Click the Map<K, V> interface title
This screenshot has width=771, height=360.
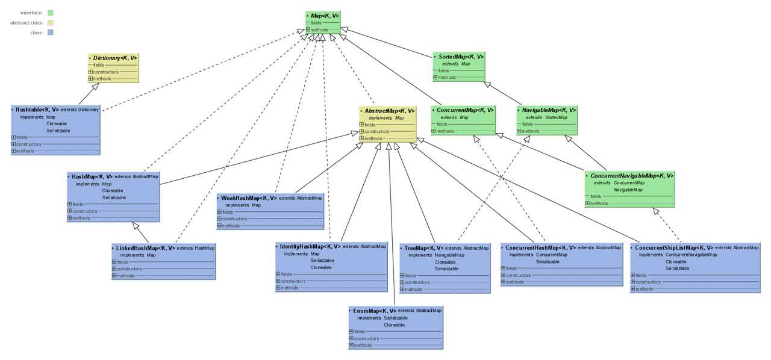(x=325, y=16)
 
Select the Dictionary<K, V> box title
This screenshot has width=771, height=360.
(x=115, y=58)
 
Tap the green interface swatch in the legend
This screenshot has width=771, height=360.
(x=50, y=13)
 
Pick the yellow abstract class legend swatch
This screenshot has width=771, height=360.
(x=50, y=23)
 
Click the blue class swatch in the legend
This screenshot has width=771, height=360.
(x=50, y=33)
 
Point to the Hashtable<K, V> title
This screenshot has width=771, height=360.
(x=37, y=110)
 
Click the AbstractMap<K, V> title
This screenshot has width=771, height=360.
(x=389, y=111)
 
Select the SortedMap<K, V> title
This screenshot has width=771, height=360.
(x=461, y=57)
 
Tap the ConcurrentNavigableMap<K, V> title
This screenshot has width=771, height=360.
(x=632, y=176)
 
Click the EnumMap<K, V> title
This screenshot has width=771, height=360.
(x=375, y=311)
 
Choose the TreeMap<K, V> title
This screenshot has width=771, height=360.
(x=423, y=248)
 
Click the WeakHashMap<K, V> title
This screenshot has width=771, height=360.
(x=249, y=198)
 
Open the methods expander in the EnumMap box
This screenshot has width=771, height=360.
(x=351, y=345)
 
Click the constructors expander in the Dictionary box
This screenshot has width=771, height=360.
(x=90, y=72)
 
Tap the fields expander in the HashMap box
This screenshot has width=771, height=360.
(x=69, y=204)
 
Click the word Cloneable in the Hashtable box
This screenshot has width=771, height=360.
(x=57, y=123)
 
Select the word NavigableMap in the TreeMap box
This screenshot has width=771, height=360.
(x=449, y=255)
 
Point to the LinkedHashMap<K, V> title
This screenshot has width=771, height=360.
(x=145, y=248)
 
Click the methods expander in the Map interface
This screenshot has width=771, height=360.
(x=308, y=29)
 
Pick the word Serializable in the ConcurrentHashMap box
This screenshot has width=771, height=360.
(x=548, y=261)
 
